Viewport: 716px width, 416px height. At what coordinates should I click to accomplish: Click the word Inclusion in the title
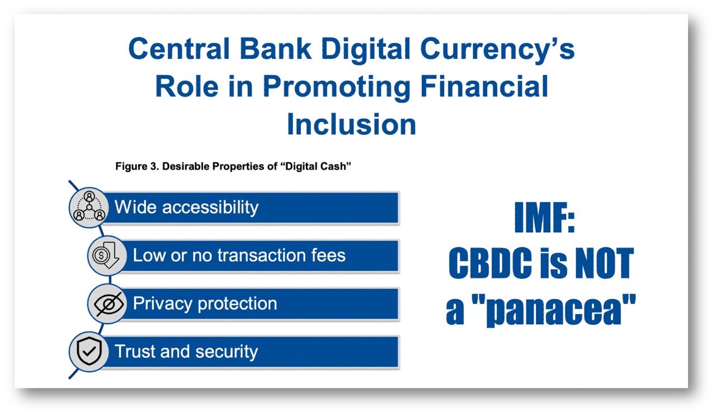(352, 124)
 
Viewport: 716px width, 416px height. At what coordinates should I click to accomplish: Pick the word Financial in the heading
(484, 86)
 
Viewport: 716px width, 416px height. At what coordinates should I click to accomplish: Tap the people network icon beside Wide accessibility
(89, 207)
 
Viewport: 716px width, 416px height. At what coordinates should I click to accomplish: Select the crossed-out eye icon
(109, 303)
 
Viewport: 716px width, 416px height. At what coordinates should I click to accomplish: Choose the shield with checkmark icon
(89, 352)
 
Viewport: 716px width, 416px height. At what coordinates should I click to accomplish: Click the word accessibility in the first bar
(210, 208)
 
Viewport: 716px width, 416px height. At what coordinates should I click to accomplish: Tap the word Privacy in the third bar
(162, 304)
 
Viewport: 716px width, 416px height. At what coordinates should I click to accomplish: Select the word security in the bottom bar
(227, 352)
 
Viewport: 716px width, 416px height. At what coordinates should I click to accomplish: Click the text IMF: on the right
(545, 217)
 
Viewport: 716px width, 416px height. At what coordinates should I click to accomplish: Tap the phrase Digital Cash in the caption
(316, 166)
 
